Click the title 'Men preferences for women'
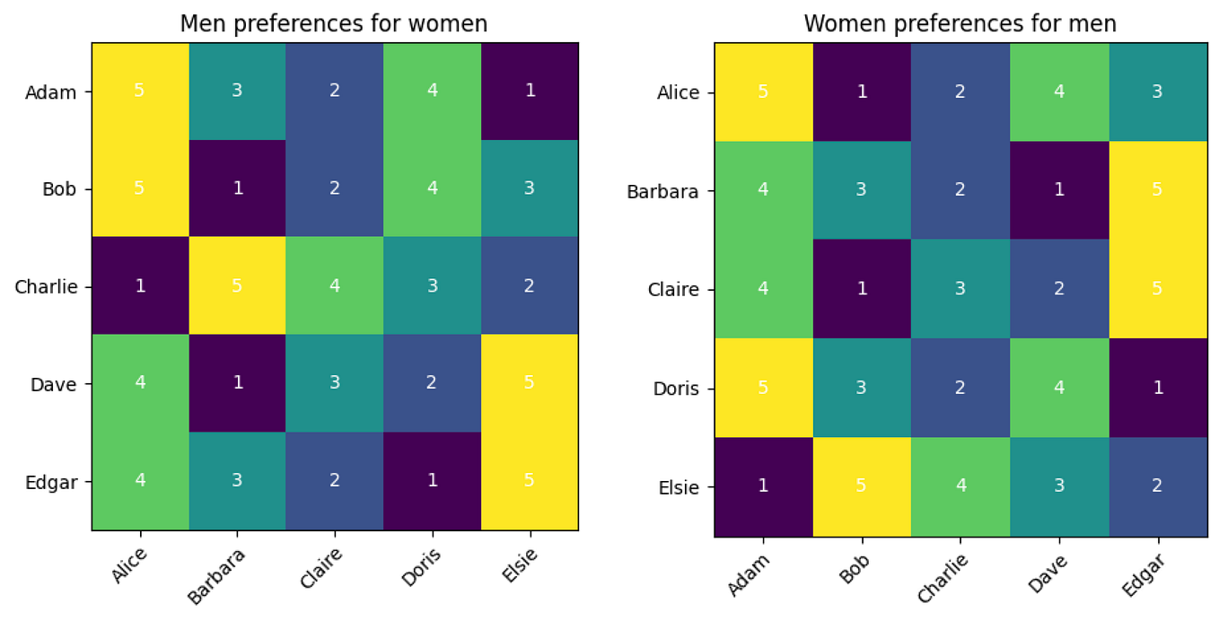tap(334, 24)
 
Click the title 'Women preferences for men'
tap(960, 23)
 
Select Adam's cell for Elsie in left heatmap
tap(530, 92)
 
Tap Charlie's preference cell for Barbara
tap(237, 286)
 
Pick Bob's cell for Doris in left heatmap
tap(432, 189)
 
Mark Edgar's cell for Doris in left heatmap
tap(432, 481)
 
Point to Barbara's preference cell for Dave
tap(1058, 190)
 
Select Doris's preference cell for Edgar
tap(1156, 389)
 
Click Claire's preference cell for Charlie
tap(960, 289)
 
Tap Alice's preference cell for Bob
tap(862, 92)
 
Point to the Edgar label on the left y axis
tap(52, 482)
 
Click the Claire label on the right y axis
tap(676, 290)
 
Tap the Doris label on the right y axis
tap(678, 389)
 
